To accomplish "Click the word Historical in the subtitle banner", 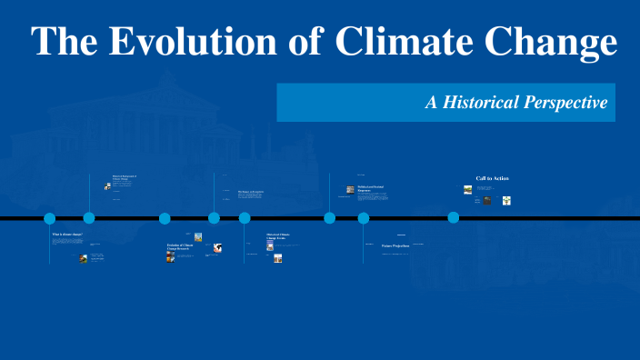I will pos(484,103).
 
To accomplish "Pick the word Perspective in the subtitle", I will pos(565,103).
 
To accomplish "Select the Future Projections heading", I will pos(395,245).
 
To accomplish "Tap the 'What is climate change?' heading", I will pos(66,235).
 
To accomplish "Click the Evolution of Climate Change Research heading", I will pos(179,246).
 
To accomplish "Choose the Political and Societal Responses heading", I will pos(370,188).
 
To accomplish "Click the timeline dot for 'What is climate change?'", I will pos(50,218).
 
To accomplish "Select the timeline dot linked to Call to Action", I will pos(453,218).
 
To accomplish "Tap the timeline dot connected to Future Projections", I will pos(364,218).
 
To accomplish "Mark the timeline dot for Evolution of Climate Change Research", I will pos(165,218).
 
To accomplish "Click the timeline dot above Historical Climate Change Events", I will pos(245,218).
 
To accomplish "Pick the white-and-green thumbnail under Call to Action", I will pos(506,201).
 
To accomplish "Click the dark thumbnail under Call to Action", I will pos(487,200).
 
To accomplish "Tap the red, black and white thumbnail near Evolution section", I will pos(217,247).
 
